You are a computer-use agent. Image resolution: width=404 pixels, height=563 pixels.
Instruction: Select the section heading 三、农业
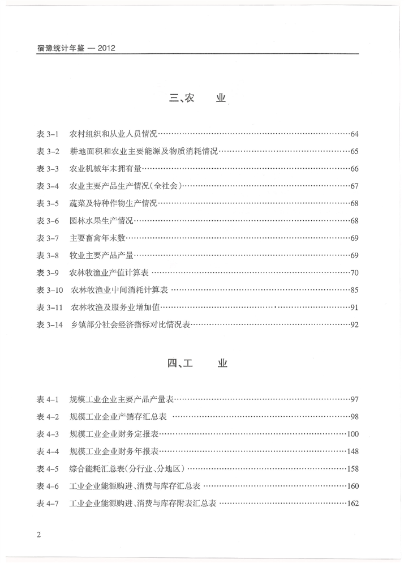click(197, 98)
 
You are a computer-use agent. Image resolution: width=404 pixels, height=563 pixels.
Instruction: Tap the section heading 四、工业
click(197, 364)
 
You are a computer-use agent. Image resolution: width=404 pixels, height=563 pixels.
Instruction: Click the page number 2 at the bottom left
click(38, 535)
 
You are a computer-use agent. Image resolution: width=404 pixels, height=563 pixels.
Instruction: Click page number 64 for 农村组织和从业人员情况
click(355, 134)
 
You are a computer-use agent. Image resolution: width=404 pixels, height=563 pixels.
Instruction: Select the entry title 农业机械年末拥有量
click(105, 169)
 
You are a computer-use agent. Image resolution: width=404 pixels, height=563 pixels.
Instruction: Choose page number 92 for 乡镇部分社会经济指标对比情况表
click(355, 325)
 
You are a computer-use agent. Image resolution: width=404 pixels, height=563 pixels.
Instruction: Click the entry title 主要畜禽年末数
click(97, 238)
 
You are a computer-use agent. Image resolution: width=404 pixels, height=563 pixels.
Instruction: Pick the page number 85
click(355, 291)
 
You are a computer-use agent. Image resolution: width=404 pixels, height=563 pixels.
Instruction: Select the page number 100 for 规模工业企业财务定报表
click(353, 434)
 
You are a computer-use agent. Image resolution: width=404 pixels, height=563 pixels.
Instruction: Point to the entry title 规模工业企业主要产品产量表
click(121, 400)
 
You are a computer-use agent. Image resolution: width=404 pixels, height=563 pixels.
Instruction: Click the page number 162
click(353, 504)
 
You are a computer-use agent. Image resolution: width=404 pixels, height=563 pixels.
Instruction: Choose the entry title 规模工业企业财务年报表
click(114, 452)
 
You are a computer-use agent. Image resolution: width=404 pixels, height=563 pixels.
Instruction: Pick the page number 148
click(353, 452)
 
